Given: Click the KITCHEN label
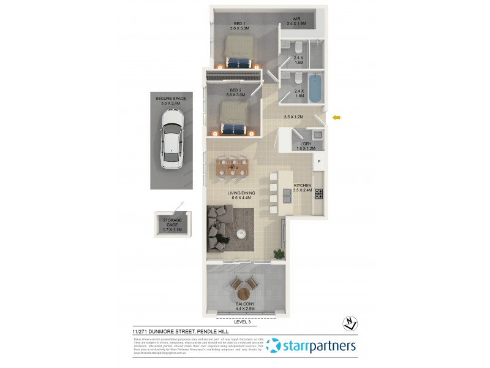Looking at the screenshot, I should tap(303, 188).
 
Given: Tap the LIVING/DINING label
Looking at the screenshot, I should tap(241, 196).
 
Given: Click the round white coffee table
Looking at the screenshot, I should tap(242, 233).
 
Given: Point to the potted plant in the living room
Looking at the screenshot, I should tap(279, 253).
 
